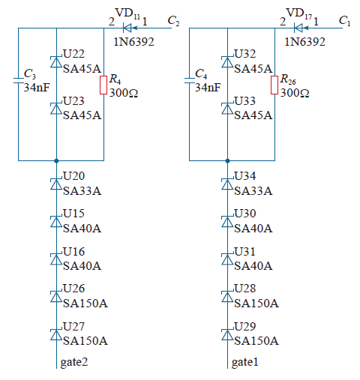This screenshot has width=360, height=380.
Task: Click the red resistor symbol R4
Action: (103, 85)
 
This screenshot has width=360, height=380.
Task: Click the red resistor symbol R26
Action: (274, 85)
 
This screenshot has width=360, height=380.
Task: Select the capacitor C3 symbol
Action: (18, 80)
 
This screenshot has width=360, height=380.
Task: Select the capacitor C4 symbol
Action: (189, 80)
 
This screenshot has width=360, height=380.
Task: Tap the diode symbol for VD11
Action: (127, 28)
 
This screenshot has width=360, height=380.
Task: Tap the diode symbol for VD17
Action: (298, 28)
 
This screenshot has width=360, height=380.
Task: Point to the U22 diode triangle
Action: (56, 62)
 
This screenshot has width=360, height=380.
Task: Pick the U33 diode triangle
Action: (227, 109)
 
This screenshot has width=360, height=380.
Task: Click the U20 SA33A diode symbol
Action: (56, 184)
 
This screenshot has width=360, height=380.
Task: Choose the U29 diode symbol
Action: (227, 335)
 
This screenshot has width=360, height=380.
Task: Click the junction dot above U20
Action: (56, 161)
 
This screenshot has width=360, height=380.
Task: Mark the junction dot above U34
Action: (227, 161)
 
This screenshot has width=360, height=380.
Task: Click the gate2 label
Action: (74, 362)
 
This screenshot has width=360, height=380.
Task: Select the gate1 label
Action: (245, 362)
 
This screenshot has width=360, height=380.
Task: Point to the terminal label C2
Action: (173, 21)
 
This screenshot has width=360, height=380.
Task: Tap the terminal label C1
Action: (344, 21)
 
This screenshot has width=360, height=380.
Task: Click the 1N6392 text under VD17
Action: (305, 42)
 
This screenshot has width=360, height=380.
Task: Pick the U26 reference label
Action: (74, 289)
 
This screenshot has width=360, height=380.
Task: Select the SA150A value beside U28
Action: (256, 304)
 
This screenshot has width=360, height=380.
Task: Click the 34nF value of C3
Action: (37, 88)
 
